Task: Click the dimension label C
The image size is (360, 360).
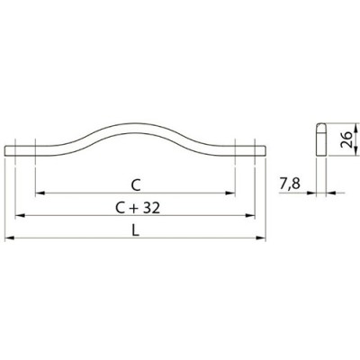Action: point(136,186)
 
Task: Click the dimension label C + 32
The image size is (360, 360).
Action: point(138,208)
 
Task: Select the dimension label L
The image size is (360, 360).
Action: point(136,230)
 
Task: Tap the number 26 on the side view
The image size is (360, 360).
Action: point(346,139)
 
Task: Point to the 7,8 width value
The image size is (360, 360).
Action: point(290,184)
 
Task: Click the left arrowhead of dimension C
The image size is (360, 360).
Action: point(40,193)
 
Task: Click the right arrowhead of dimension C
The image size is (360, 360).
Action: point(230,193)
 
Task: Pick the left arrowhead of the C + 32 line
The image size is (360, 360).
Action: point(20,215)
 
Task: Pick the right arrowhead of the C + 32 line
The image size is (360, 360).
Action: point(250,215)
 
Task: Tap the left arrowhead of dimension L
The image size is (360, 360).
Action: point(10,238)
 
